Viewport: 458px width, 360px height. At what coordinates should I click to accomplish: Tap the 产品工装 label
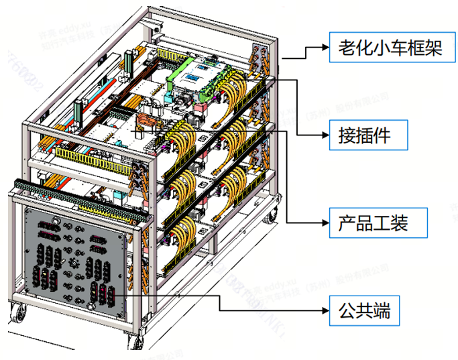378,221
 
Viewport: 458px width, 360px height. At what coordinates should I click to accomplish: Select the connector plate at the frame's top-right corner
261,58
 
